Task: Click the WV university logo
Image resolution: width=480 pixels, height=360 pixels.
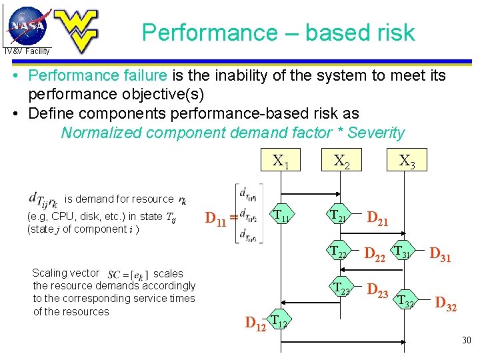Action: tap(75, 30)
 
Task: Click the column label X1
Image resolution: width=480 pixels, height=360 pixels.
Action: tap(281, 161)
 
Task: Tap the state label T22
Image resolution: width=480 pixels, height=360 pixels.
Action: tap(339, 252)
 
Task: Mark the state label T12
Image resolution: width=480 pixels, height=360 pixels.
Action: tap(280, 323)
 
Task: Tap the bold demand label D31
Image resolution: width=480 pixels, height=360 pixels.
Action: tap(441, 254)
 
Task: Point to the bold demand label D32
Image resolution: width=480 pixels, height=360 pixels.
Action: tap(445, 305)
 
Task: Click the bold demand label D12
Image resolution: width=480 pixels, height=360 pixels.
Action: tap(255, 324)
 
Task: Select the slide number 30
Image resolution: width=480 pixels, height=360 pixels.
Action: tap(466, 341)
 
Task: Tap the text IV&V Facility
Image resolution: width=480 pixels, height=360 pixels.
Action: tap(27, 51)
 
